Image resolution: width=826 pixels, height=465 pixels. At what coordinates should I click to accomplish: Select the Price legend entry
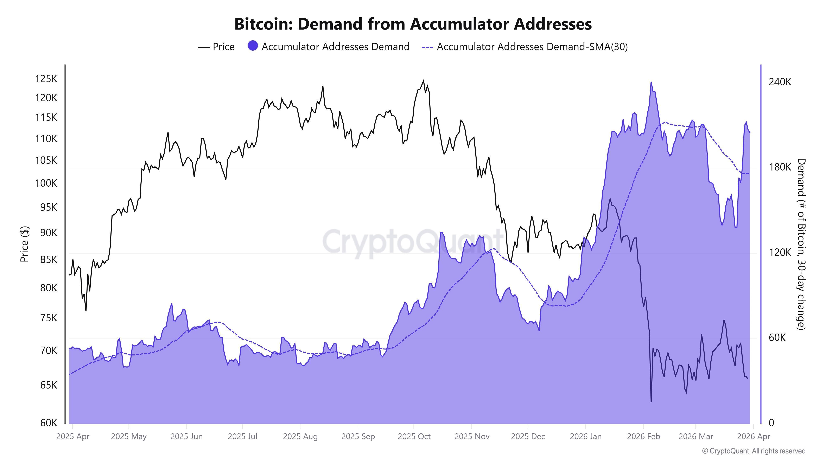point(216,47)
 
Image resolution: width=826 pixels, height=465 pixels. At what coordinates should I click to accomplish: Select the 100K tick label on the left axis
point(46,183)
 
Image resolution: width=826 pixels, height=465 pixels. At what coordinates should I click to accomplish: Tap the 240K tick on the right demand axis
point(780,82)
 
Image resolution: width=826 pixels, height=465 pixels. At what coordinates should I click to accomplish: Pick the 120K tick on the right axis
point(780,253)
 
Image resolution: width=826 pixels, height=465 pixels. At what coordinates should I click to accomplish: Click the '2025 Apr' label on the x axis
point(73,436)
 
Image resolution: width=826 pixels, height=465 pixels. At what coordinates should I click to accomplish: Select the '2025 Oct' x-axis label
point(414,436)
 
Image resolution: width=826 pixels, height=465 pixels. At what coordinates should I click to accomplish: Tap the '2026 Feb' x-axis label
point(643,436)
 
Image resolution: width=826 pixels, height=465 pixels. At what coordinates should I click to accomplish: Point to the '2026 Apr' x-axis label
point(753,436)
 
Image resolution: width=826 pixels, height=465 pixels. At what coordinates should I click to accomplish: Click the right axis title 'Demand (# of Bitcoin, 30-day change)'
point(801,244)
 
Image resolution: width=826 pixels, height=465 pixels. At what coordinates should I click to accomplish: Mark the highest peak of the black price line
point(423,80)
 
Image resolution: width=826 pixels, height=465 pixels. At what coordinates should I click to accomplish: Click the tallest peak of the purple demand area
point(651,82)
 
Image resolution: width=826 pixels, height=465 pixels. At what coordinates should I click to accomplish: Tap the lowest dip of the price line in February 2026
point(651,402)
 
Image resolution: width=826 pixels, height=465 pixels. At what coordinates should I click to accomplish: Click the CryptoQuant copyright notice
point(754,451)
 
